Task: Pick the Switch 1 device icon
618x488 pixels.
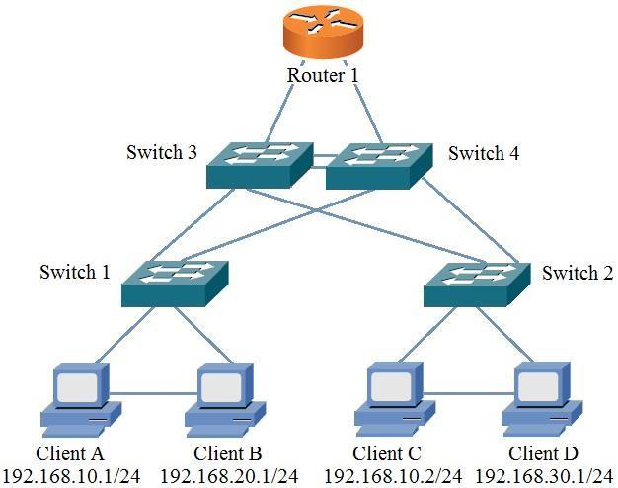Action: (x=176, y=283)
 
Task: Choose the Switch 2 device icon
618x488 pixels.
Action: (x=477, y=283)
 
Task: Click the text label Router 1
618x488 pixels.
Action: (x=323, y=75)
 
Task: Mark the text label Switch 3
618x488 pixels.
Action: (x=162, y=153)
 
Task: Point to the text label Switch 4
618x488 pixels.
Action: (x=484, y=153)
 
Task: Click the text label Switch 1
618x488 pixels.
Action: (x=75, y=272)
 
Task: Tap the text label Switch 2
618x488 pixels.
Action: (x=577, y=272)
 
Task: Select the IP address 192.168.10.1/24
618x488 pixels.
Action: (x=71, y=476)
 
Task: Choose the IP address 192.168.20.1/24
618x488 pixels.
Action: (x=226, y=476)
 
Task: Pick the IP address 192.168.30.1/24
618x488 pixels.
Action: (x=543, y=476)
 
